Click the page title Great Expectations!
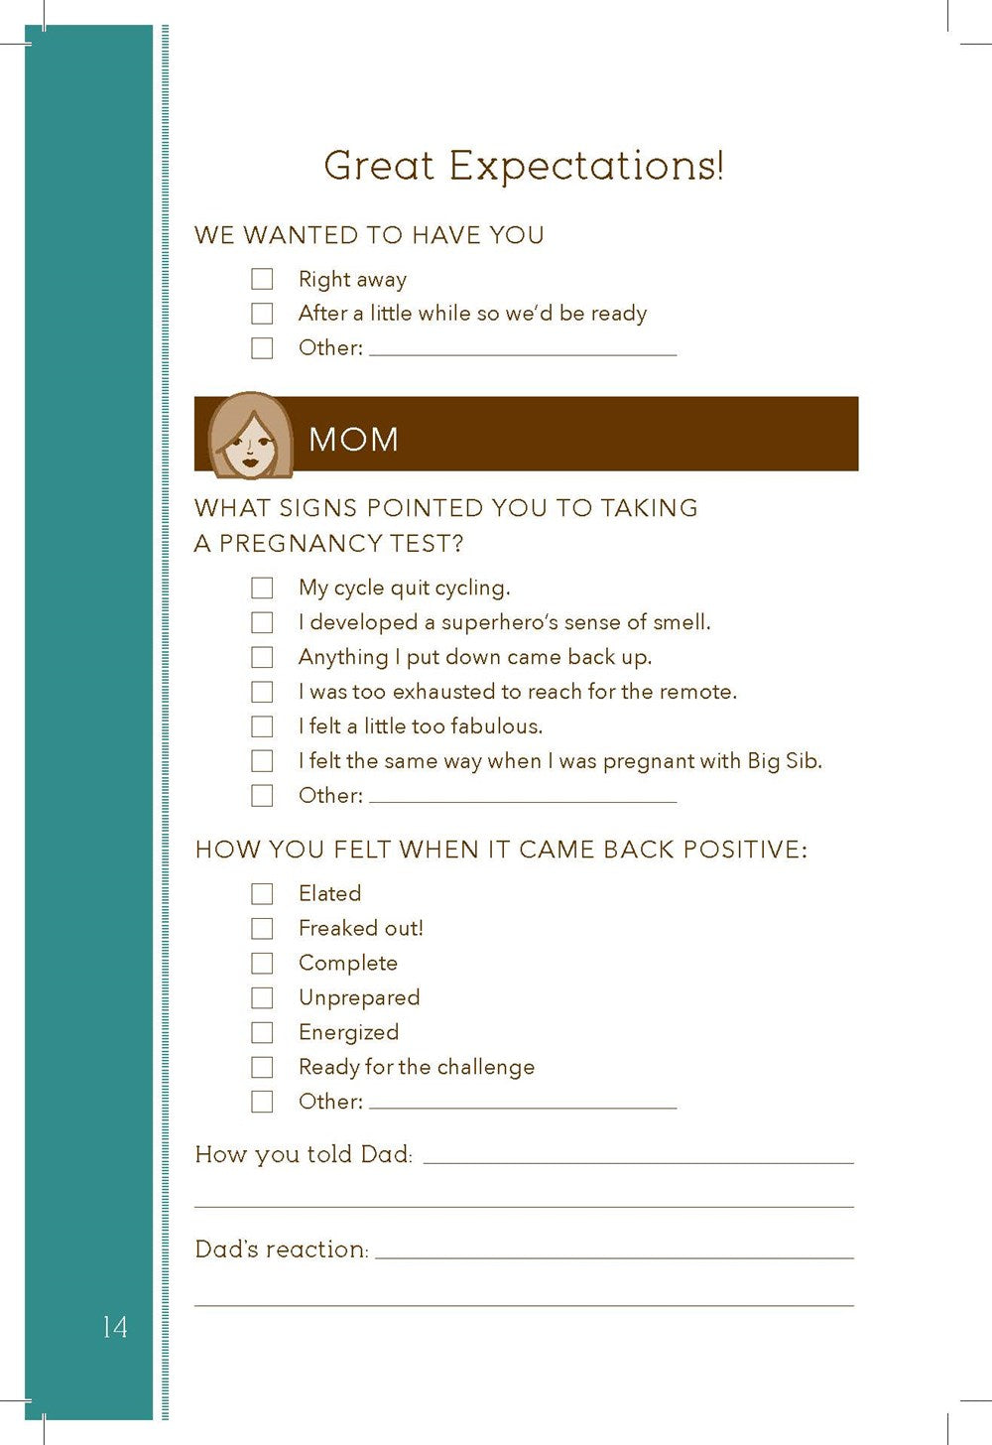(x=524, y=166)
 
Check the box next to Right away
(x=262, y=279)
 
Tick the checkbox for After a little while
(x=262, y=314)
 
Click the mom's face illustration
(x=250, y=435)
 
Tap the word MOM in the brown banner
(x=353, y=439)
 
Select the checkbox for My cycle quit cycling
(x=262, y=588)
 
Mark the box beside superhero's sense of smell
(x=262, y=622)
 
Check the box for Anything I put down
(x=262, y=657)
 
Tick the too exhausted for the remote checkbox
(x=262, y=692)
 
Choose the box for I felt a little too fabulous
(x=262, y=726)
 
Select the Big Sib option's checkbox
(x=262, y=761)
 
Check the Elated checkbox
(x=262, y=894)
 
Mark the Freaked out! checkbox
(x=262, y=929)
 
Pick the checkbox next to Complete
(x=262, y=964)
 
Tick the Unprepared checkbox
(x=262, y=998)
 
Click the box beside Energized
(x=262, y=1033)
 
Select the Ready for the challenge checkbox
(x=262, y=1068)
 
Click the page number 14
(x=114, y=1327)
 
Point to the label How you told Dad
(x=304, y=1154)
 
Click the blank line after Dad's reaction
(x=614, y=1253)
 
